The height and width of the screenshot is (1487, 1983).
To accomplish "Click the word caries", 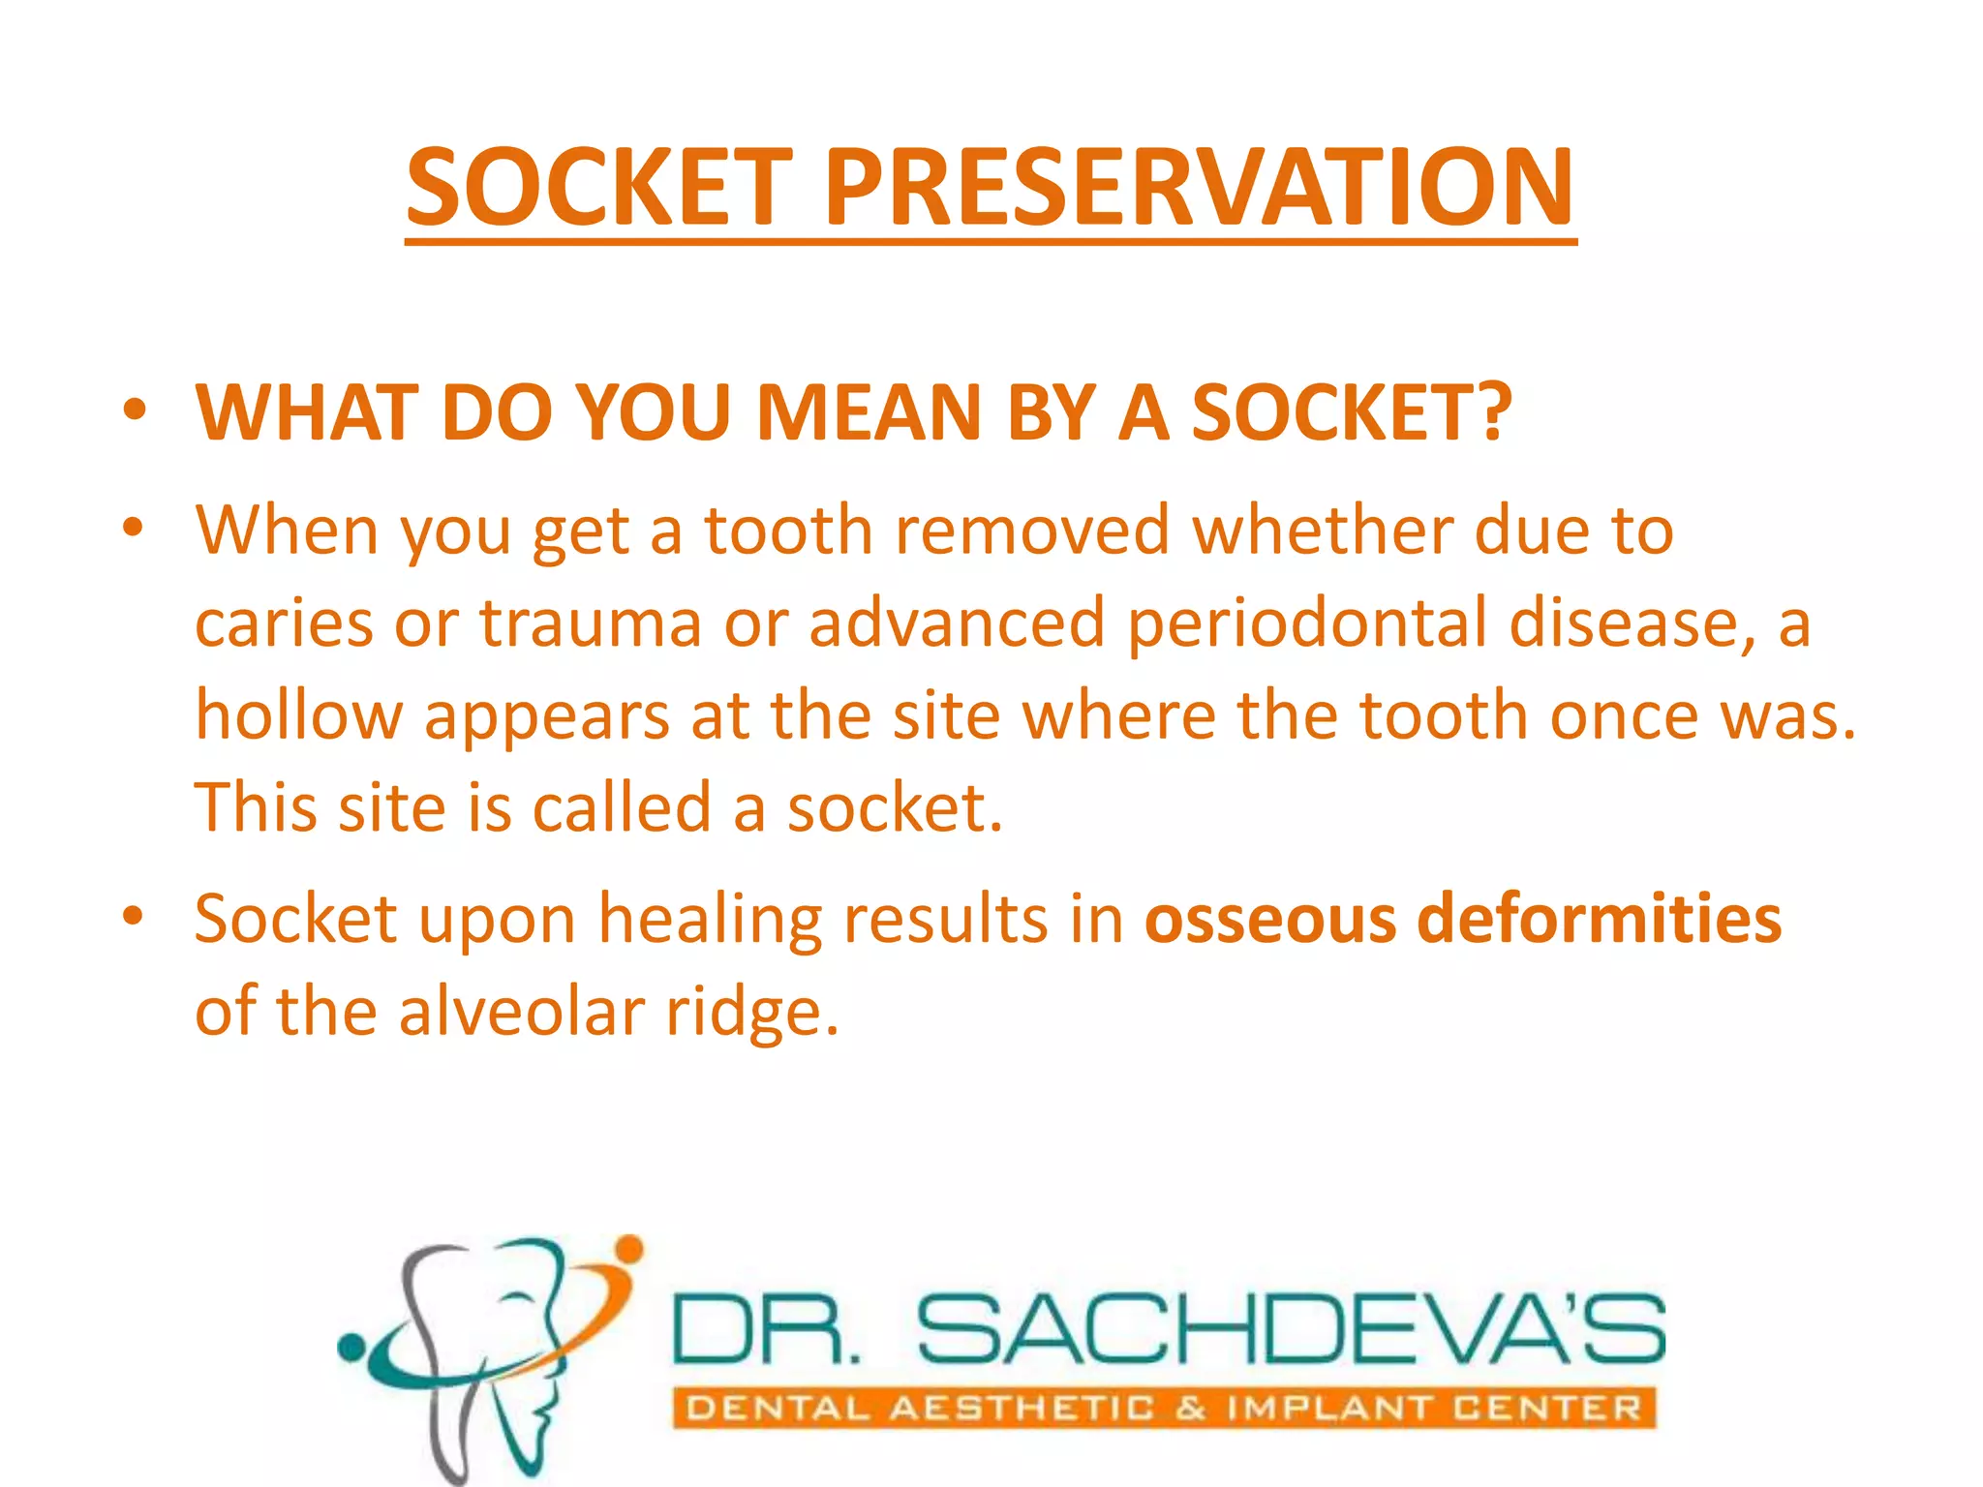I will click(x=284, y=623).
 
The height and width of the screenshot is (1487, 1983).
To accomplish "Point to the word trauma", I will click(x=591, y=623).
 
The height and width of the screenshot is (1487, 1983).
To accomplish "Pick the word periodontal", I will click(x=1306, y=623).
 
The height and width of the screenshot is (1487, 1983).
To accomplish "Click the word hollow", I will click(x=298, y=715).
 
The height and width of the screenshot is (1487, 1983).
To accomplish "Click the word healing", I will click(x=709, y=920).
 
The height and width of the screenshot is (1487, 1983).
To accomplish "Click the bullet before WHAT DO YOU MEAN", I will click(x=135, y=410).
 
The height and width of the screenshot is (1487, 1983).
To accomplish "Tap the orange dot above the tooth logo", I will click(x=629, y=1249).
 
